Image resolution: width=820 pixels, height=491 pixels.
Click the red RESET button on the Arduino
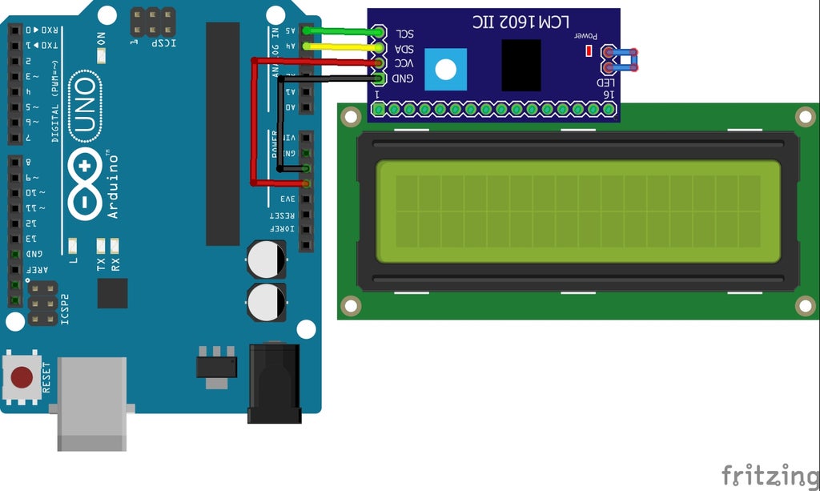point(22,376)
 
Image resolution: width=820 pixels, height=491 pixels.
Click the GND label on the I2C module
point(403,78)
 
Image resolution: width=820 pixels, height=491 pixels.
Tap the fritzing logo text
point(770,474)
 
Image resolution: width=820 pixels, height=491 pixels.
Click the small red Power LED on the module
point(589,51)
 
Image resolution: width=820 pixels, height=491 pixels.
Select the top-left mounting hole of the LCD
point(351,117)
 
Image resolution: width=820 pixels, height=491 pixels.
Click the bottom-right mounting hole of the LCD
point(806,304)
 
